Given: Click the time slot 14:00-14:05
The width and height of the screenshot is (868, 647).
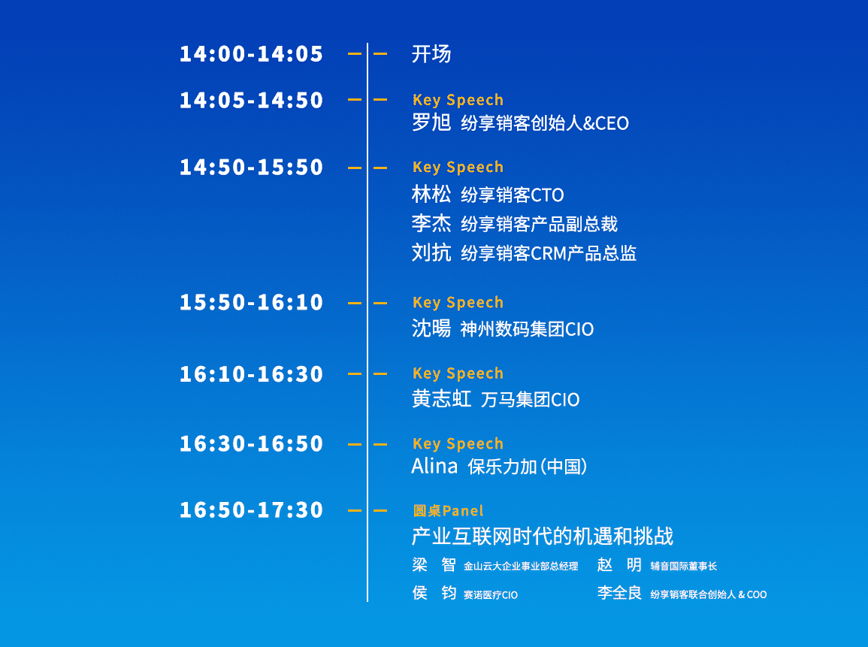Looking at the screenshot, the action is [x=251, y=53].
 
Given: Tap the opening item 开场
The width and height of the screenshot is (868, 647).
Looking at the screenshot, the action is [x=431, y=53].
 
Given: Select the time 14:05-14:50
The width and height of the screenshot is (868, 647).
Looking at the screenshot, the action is [x=251, y=100].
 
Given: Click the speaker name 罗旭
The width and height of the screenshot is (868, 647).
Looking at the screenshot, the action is [x=431, y=122].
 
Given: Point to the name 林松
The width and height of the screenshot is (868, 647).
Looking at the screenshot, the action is [x=431, y=195].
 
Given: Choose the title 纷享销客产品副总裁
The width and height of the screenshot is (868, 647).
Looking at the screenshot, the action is [x=539, y=224].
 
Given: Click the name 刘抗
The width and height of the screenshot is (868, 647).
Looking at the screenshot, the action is [x=431, y=253].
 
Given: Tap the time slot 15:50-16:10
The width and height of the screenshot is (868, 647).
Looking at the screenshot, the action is [x=251, y=302].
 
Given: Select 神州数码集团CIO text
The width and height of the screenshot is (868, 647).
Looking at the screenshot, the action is [x=527, y=329].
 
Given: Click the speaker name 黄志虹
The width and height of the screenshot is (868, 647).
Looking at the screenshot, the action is [x=441, y=399].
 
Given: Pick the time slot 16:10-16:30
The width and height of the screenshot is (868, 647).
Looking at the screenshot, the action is [x=251, y=374].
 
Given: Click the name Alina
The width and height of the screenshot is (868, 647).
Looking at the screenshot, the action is [x=434, y=466].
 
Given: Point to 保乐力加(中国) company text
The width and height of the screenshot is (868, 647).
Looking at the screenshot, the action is [x=528, y=467].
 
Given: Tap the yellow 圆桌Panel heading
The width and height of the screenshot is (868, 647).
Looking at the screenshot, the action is [x=449, y=510].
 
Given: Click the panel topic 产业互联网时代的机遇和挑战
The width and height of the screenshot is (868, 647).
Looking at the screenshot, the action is [x=543, y=537].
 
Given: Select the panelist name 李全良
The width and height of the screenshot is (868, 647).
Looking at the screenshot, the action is [x=619, y=594].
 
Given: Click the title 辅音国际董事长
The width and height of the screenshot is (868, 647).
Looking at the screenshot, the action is [x=684, y=566].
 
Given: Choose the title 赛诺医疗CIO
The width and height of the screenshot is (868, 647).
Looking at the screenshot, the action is [x=491, y=595].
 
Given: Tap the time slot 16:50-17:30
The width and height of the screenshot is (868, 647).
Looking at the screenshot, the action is [x=251, y=509].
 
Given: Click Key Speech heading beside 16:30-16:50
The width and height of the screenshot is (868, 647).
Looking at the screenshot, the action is [x=458, y=444].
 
